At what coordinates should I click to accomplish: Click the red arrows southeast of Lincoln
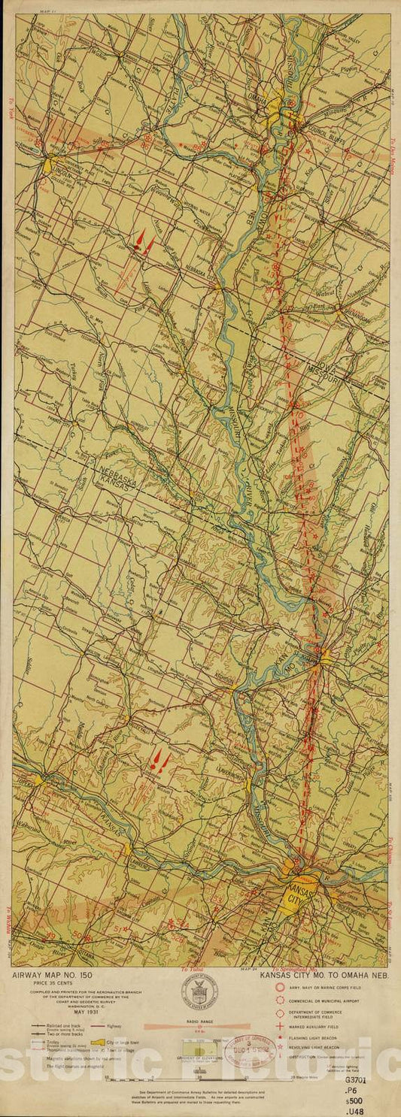pos(144,242)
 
